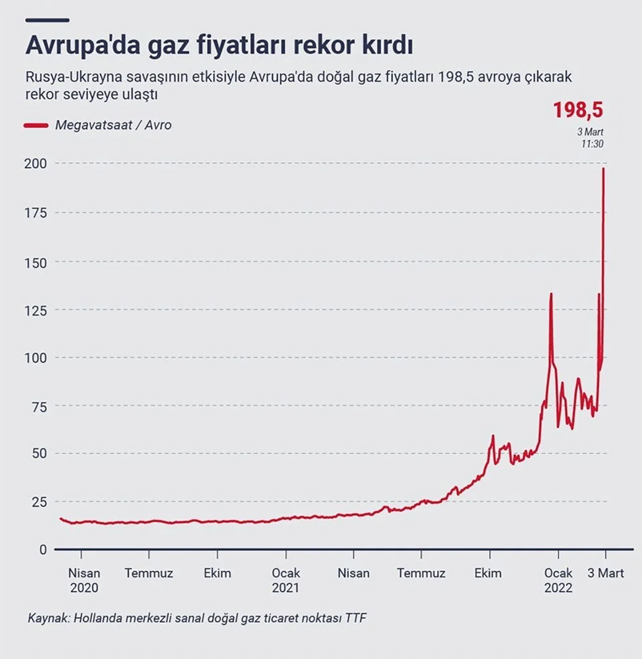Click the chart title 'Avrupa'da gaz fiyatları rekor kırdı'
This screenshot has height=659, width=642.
(219, 46)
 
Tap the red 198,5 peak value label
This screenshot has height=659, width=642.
(578, 110)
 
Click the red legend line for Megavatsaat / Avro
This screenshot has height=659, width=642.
(36, 125)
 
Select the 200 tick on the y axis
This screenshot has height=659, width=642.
(36, 163)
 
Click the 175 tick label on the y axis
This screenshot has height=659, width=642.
(36, 212)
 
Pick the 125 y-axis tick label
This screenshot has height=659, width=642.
(36, 310)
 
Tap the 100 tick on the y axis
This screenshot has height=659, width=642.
(36, 358)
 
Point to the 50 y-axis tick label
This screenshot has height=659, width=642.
(36, 454)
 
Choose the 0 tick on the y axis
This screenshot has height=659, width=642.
(43, 550)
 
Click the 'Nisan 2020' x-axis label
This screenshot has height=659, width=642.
(84, 580)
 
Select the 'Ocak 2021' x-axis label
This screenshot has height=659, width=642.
(285, 580)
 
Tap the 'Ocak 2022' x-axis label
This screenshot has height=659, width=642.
(558, 580)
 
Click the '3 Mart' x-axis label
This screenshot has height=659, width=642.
(605, 573)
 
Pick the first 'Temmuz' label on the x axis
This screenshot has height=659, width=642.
(149, 573)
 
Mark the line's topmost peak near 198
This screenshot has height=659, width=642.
(603, 169)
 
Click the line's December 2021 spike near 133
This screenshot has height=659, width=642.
(551, 294)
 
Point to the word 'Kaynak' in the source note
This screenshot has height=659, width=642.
(47, 618)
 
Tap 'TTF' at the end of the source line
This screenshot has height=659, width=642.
(356, 618)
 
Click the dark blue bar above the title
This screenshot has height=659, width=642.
(47, 21)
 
